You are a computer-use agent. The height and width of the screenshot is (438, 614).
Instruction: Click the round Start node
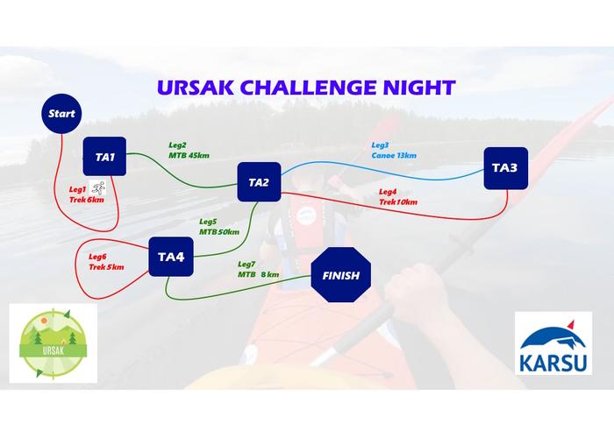click(x=61, y=114)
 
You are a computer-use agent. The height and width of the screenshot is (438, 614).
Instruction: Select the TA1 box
click(x=104, y=157)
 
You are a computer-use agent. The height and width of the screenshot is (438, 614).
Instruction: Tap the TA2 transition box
click(x=260, y=182)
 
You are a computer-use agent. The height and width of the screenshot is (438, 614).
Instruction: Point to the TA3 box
click(x=506, y=168)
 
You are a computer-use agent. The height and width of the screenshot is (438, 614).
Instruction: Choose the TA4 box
click(x=171, y=257)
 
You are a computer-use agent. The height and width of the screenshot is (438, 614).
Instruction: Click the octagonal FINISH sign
click(x=341, y=274)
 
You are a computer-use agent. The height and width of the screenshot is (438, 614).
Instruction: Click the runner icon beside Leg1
click(x=97, y=187)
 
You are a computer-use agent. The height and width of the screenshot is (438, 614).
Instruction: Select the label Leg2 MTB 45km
click(x=189, y=151)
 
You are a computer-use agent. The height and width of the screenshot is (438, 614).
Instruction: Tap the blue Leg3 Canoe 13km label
click(x=394, y=151)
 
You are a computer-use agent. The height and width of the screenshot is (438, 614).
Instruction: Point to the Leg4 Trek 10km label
click(x=398, y=197)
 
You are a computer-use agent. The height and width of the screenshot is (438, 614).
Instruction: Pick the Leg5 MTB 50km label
click(x=219, y=227)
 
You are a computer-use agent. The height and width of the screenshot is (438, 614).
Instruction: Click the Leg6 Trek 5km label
click(x=106, y=262)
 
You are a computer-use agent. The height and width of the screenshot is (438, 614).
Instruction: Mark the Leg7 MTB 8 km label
click(x=259, y=270)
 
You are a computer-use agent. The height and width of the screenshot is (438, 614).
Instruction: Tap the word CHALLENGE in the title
click(x=308, y=88)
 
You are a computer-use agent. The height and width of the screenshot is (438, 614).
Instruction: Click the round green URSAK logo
click(x=54, y=344)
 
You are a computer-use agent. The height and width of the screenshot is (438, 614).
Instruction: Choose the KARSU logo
click(x=553, y=343)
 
